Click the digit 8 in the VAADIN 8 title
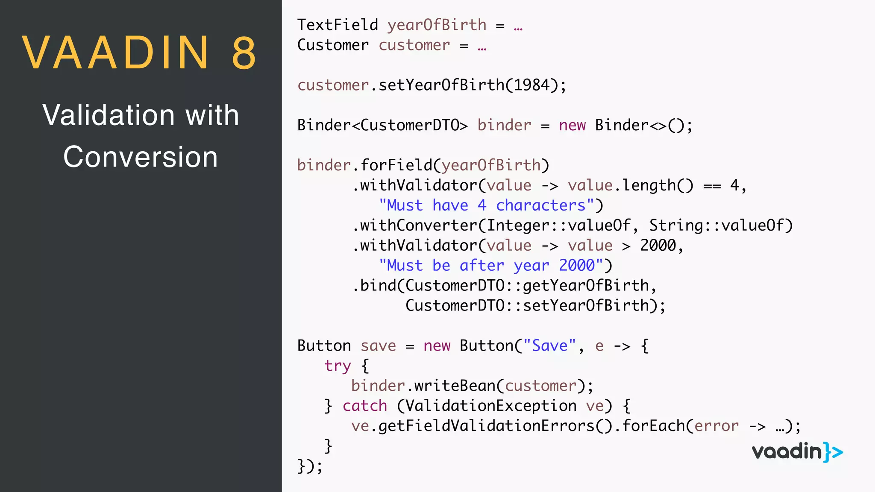[244, 53]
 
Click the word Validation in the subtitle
[109, 115]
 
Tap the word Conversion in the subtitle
[141, 157]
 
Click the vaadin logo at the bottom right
[797, 452]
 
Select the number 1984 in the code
[531, 85]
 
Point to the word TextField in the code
[338, 25]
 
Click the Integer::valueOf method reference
[558, 225]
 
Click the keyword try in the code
[338, 366]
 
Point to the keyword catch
[365, 406]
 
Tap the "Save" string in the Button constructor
[549, 346]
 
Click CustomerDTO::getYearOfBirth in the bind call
[527, 286]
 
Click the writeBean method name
[454, 386]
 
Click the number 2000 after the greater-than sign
[658, 246]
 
